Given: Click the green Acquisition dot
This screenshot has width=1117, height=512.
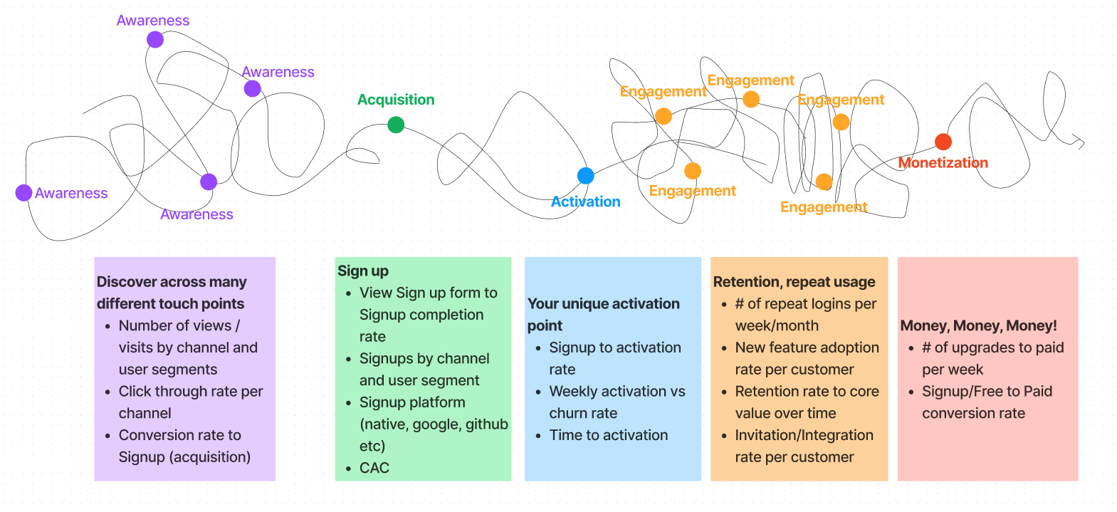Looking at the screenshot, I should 396,125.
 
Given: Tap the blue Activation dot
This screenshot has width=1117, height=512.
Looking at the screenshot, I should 585,176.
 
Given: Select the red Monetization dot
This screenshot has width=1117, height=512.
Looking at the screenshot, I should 943,142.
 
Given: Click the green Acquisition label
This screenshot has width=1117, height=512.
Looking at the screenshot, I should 396,100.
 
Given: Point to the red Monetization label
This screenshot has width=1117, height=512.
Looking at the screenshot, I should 943,163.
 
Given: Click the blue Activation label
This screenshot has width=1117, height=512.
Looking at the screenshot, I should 585,202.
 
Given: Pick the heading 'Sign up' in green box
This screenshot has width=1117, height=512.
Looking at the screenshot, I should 363,271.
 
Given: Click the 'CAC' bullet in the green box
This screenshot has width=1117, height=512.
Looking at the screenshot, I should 374,468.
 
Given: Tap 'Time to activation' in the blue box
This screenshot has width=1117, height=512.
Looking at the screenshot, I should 609,435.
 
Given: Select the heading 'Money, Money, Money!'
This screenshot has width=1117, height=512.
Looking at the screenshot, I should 978,325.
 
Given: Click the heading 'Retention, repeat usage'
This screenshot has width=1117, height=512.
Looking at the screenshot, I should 794,282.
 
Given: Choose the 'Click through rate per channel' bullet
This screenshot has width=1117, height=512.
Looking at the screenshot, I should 190,402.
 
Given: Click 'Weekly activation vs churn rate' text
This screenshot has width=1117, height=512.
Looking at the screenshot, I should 617,402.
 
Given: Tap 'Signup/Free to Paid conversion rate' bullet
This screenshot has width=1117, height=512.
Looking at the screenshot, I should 987,402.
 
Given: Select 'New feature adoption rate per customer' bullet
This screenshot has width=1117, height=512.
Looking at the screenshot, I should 807,358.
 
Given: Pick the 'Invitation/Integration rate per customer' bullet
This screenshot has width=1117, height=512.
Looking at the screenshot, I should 804,446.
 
